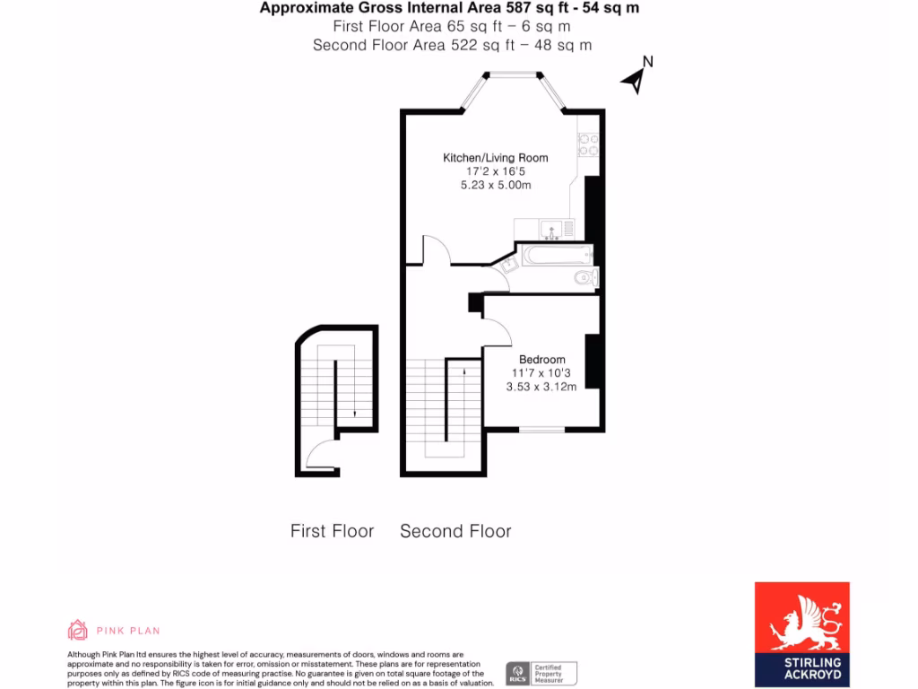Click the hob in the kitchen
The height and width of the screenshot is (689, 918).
[589, 145]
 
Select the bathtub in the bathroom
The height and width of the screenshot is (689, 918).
[556, 255]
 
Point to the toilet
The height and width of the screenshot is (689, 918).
[585, 278]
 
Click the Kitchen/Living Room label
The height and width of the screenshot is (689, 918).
[495, 158]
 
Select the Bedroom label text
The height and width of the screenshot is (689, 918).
[541, 360]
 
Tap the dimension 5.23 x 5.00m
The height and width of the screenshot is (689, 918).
[495, 185]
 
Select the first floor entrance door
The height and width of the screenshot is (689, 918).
[321, 454]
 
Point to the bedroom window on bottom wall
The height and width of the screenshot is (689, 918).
[541, 431]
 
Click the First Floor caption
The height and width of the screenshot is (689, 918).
[332, 531]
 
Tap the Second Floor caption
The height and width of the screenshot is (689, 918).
[455, 531]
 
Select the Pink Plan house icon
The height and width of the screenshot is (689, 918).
[78, 630]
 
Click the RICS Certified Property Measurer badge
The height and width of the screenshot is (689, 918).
[541, 673]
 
